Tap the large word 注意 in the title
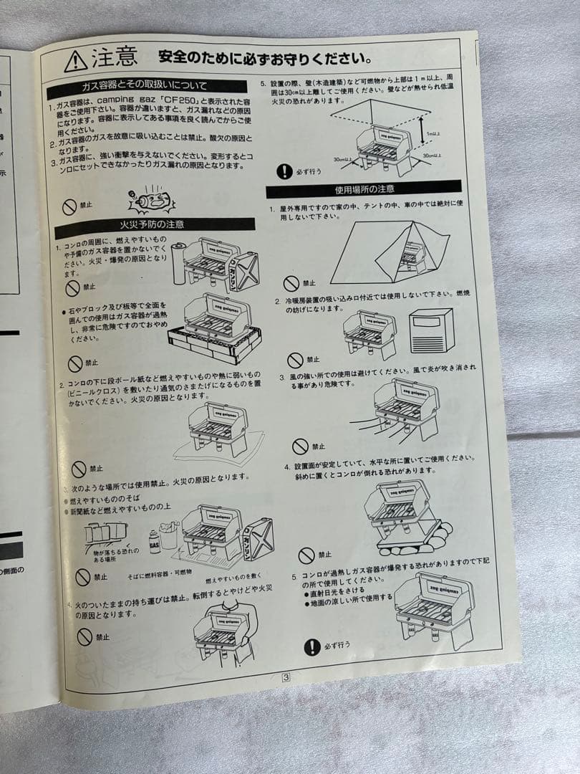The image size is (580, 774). [114, 57]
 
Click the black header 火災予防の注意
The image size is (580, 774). [154, 224]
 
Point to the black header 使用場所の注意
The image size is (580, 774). [364, 190]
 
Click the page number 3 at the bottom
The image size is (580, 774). [286, 676]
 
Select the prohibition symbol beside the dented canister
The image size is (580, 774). [69, 207]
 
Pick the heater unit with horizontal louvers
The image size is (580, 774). [432, 330]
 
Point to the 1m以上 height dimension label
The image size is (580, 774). [432, 134]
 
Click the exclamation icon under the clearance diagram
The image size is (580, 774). [285, 171]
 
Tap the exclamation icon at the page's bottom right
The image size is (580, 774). [311, 646]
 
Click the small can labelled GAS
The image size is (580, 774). [154, 543]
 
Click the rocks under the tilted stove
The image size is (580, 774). [415, 539]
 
